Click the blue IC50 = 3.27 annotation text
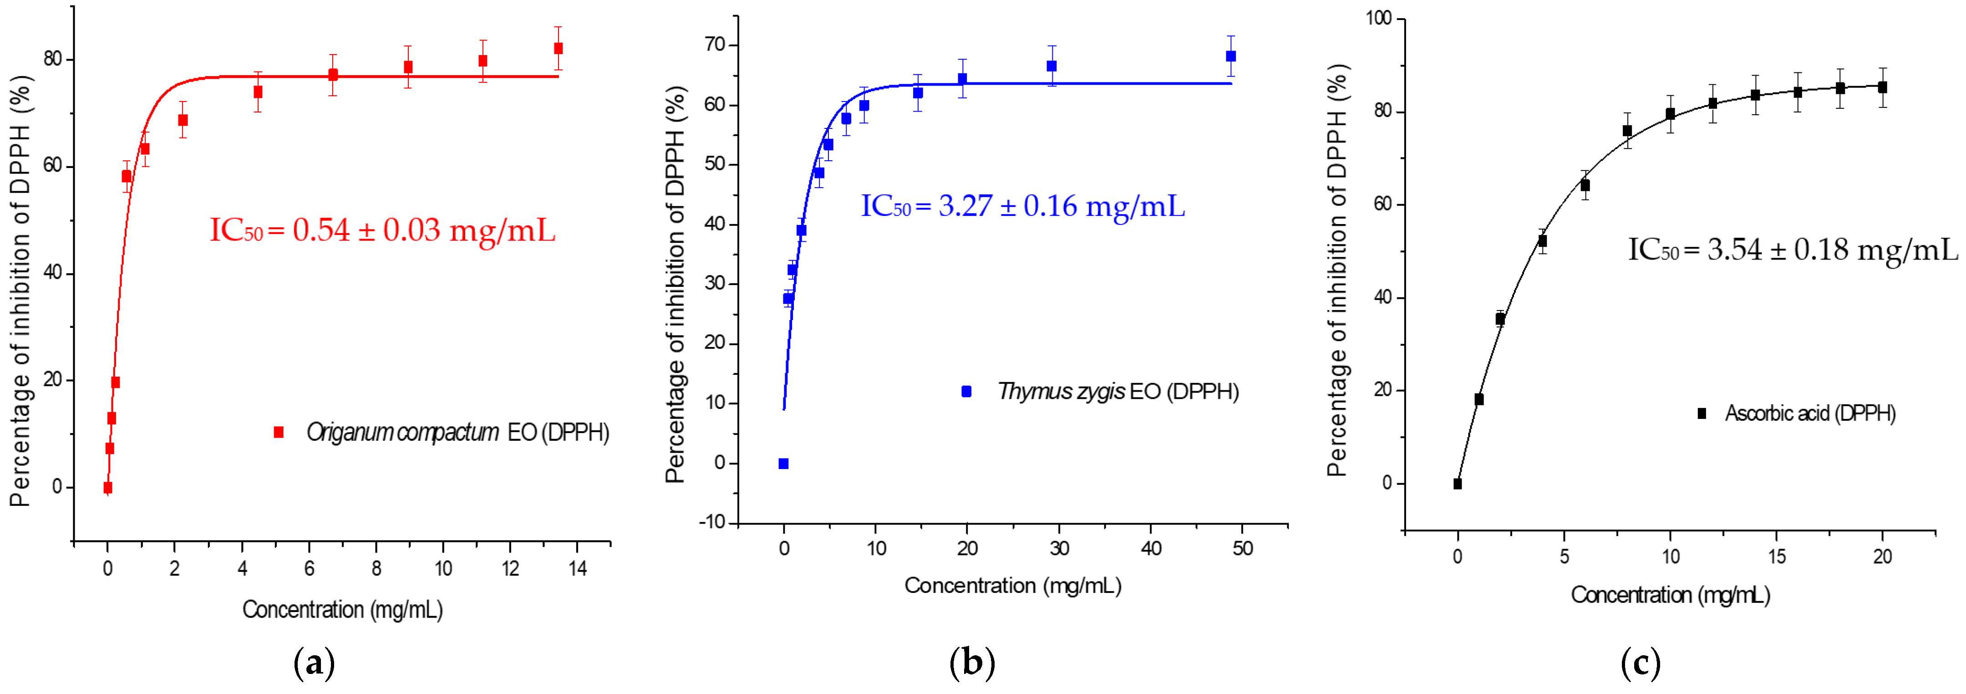point(1023,206)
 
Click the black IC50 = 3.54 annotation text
point(1793,250)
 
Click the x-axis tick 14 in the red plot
point(577,569)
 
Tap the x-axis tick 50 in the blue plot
point(1243,549)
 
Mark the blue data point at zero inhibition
point(783,464)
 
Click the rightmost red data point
point(558,48)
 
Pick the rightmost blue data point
point(1230,56)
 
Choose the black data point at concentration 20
point(1882,87)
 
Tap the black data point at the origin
point(1457,483)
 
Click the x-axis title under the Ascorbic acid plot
point(1670,595)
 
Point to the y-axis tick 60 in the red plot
point(53,166)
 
